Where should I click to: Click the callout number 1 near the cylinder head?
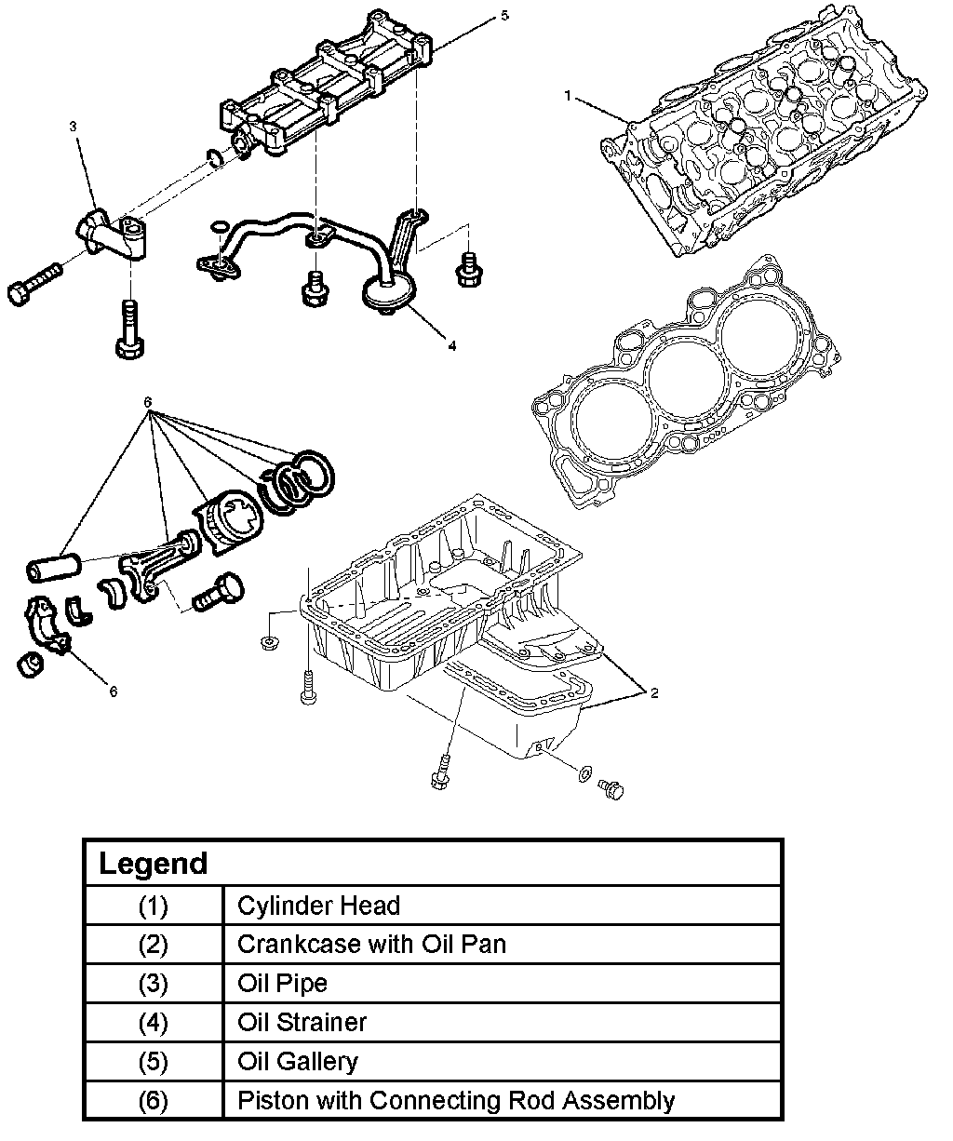567,96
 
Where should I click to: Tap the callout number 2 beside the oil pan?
653,693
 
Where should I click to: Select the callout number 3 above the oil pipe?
74,127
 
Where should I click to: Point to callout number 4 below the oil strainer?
452,345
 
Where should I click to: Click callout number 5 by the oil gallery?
504,16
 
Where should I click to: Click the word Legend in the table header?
153,864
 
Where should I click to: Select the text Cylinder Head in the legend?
318,906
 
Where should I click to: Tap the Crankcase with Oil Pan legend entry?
371,944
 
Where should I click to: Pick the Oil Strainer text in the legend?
302,1022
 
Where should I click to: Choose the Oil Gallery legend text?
298,1061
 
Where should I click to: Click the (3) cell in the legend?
153,984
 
